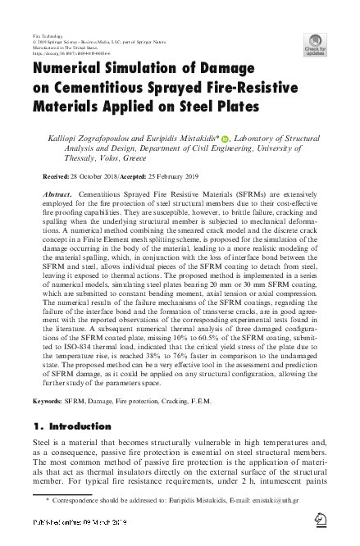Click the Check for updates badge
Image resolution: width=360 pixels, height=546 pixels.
[315, 44]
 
